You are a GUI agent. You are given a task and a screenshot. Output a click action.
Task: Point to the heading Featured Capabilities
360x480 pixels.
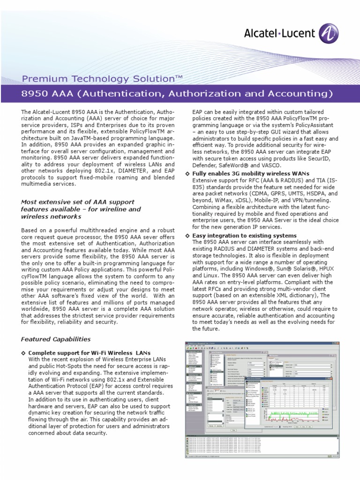(x=56, y=339)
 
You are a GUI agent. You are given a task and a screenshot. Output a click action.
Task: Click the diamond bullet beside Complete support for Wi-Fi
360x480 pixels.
(x=23, y=352)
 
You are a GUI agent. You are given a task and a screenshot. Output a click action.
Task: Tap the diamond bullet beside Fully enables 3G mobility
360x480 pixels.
(x=187, y=174)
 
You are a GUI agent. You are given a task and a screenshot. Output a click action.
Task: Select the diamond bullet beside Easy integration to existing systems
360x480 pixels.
(x=187, y=235)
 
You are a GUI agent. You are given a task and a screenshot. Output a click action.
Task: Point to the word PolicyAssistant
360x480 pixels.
(x=310, y=126)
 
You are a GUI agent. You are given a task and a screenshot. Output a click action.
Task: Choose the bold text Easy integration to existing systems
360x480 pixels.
(x=244, y=235)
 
